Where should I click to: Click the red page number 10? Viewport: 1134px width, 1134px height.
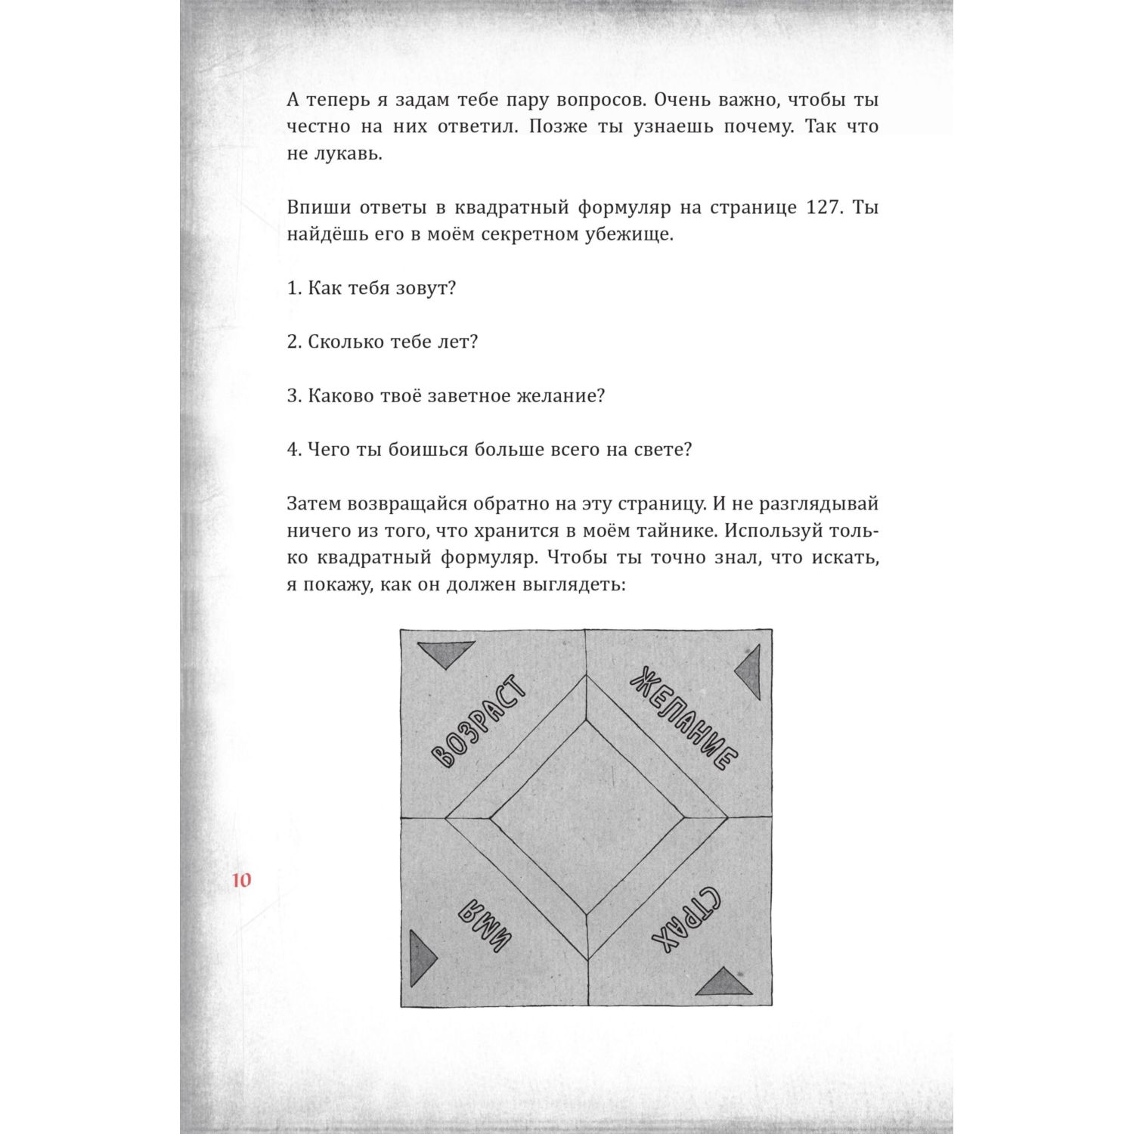pos(242,880)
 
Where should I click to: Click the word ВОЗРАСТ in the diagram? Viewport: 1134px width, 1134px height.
pos(478,721)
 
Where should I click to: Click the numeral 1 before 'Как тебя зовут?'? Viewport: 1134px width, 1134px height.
pos(293,289)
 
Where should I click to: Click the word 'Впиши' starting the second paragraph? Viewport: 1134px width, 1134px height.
pos(314,207)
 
